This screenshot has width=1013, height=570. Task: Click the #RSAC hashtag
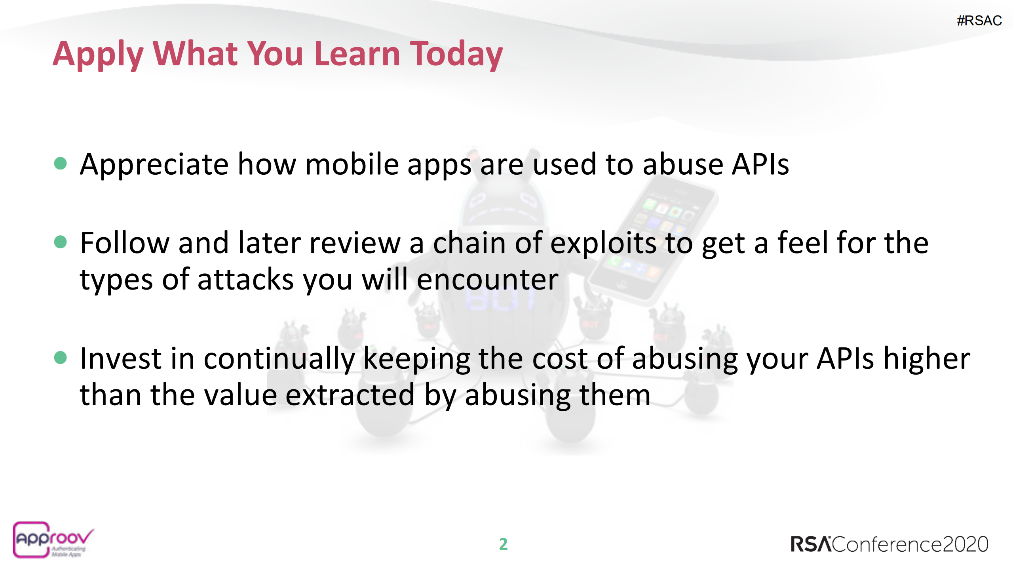point(979,21)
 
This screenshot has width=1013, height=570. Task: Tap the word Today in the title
point(456,55)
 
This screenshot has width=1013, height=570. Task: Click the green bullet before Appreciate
point(60,163)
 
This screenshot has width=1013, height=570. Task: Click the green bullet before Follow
point(60,242)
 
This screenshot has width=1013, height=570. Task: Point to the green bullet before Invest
point(60,357)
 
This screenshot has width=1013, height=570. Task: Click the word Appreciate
point(154,165)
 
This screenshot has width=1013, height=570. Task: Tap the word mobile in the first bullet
point(352,164)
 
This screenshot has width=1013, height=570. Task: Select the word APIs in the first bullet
point(760,164)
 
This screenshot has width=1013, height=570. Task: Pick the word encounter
point(487,280)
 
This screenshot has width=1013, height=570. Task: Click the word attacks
point(245,280)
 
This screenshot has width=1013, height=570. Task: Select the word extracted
point(350,395)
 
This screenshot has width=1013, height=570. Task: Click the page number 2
point(503,544)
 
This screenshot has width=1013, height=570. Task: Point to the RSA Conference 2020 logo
point(889,544)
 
